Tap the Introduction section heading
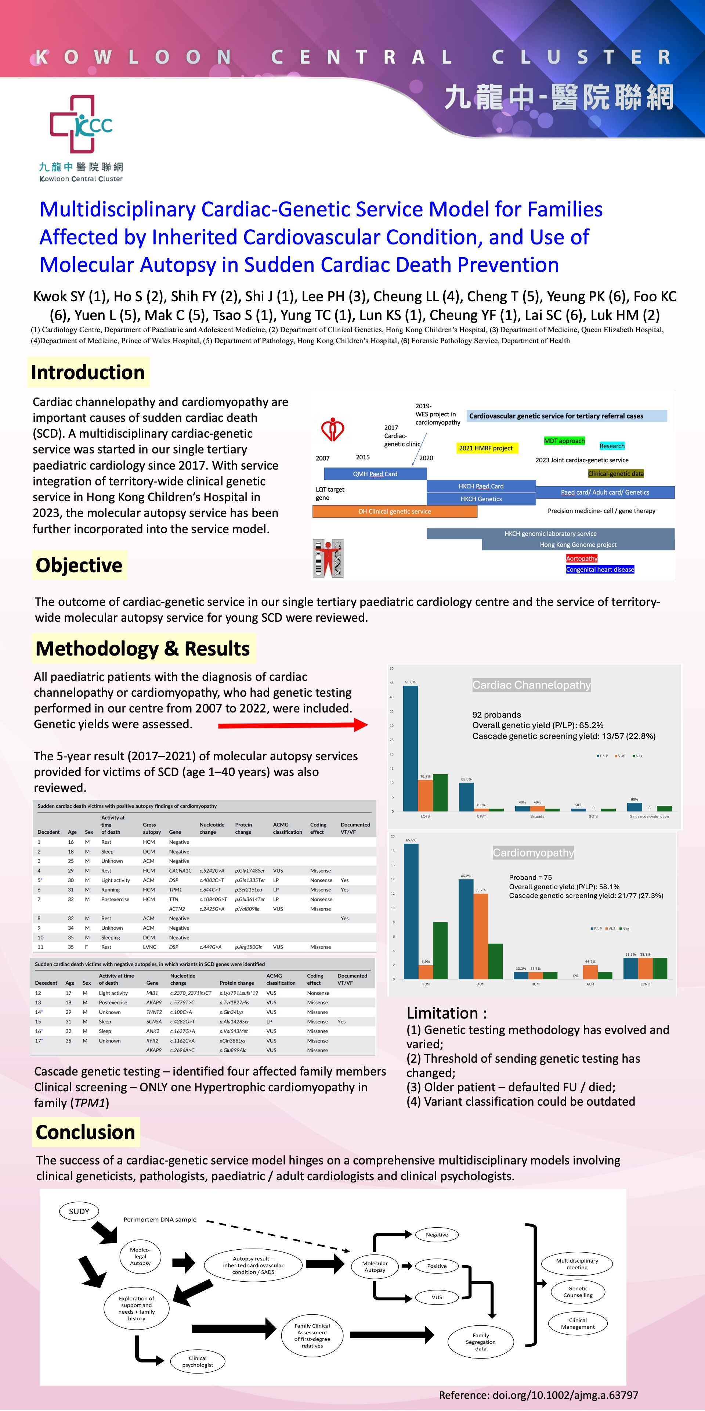[88, 373]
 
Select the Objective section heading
[79, 565]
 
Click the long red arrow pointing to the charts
[293, 725]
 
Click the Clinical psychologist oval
[198, 1361]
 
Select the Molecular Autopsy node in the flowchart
[375, 1266]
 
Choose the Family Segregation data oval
[481, 1342]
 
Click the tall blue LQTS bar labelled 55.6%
[411, 748]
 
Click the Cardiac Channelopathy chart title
[531, 685]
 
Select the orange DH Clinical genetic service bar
[395, 511]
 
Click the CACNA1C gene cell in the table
[180, 870]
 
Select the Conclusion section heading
[86, 1132]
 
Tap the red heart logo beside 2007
[332, 430]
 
